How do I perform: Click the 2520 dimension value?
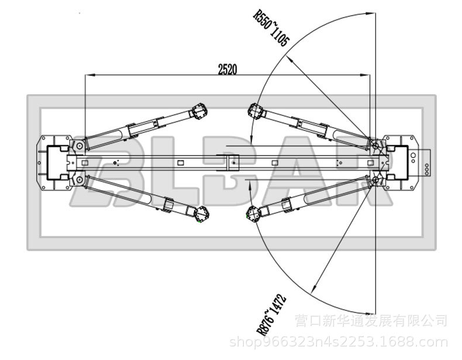227,69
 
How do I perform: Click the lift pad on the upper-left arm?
200,111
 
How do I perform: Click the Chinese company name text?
371,321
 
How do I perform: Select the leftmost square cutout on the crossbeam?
85,162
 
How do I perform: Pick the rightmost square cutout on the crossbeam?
368,162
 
